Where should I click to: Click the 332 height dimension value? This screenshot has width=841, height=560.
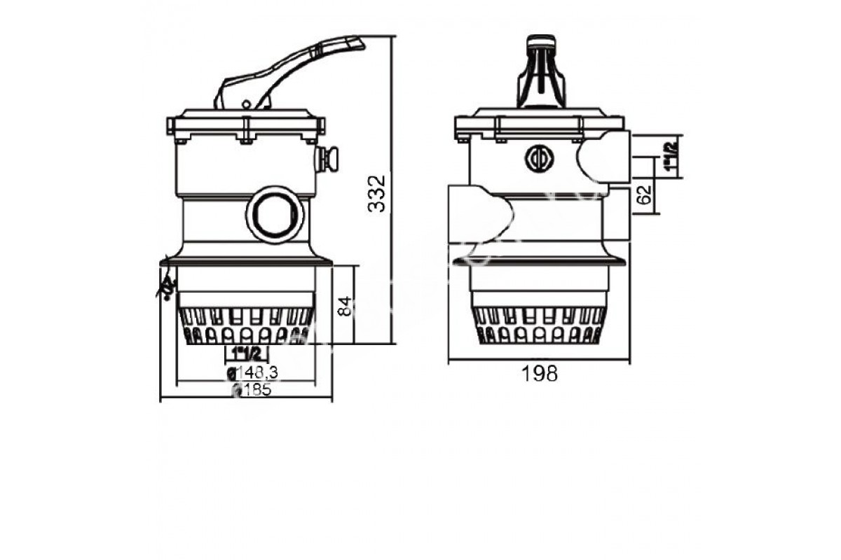(377, 193)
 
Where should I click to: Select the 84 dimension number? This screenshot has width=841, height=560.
(343, 306)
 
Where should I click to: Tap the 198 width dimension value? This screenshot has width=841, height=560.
(540, 374)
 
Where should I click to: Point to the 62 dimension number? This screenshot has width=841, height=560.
(646, 192)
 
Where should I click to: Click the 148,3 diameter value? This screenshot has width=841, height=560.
(254, 373)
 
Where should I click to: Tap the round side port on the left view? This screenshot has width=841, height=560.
(274, 215)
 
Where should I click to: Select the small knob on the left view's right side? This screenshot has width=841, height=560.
(328, 158)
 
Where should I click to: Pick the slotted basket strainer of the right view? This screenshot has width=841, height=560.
(540, 326)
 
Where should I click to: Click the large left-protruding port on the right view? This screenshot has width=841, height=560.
(477, 213)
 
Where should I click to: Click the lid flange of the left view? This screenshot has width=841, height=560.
(245, 126)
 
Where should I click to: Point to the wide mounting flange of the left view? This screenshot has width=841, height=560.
(245, 262)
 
